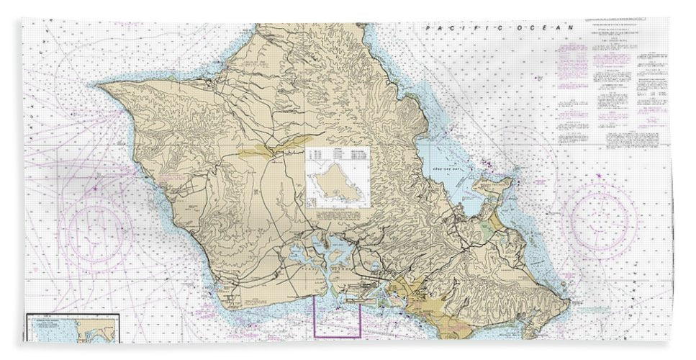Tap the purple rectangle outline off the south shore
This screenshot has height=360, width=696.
tap(337, 317)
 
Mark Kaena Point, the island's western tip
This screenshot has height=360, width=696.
tap(101, 86)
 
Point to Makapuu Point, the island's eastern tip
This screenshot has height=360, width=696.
tap(569, 300)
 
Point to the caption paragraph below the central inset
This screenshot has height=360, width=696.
tap(338, 215)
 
